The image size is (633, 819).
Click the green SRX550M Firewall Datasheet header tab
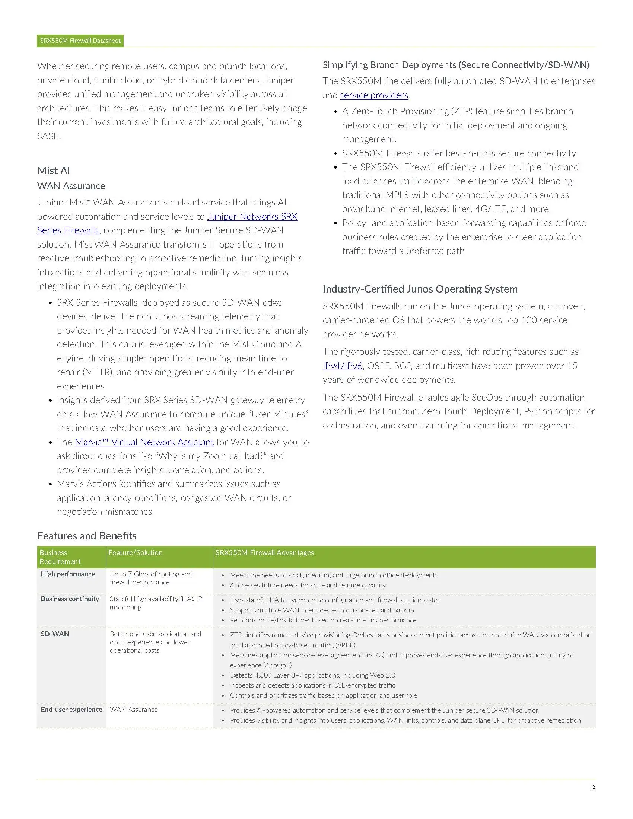[80, 41]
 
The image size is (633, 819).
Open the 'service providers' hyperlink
[374, 95]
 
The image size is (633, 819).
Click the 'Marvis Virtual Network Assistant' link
[144, 442]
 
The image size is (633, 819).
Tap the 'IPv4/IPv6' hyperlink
[342, 366]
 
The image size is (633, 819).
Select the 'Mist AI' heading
[54, 171]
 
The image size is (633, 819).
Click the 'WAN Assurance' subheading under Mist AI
[71, 186]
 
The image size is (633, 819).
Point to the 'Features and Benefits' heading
[87, 535]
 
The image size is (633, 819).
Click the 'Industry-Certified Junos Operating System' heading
[420, 289]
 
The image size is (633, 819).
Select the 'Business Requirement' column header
[60, 557]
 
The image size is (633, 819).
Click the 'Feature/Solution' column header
[136, 552]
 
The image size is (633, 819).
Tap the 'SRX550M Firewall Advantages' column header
[264, 552]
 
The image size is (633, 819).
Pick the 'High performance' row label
[68, 574]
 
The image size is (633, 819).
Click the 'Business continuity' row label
[70, 599]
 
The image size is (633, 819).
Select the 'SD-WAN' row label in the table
[55, 634]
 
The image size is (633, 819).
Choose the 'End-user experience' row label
[71, 709]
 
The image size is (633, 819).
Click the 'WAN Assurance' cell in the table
[134, 709]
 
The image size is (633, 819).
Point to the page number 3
[593, 788]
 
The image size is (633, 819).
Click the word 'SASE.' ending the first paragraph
[49, 136]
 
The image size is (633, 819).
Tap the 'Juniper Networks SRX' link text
[252, 216]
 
